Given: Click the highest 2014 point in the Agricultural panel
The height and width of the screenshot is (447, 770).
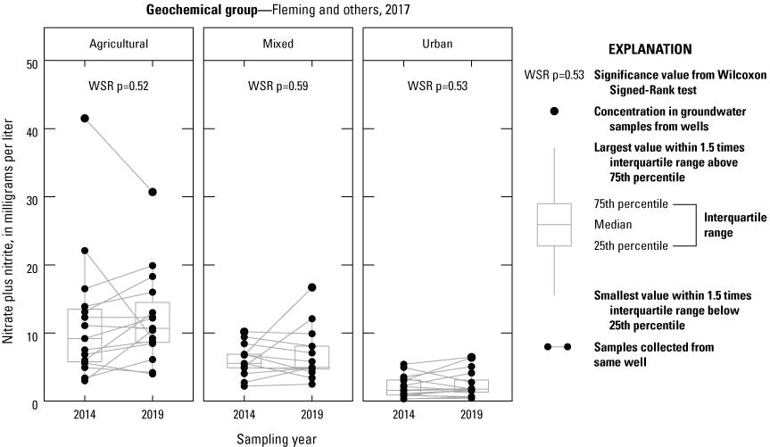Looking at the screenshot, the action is click(x=85, y=119).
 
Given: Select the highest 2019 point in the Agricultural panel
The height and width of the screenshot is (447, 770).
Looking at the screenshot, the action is click(x=153, y=192).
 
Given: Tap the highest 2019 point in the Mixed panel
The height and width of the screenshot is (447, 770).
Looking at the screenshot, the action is click(x=311, y=287).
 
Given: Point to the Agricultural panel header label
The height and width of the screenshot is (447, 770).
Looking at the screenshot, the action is click(x=119, y=44).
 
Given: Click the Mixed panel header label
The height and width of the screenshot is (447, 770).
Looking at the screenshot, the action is click(x=278, y=44).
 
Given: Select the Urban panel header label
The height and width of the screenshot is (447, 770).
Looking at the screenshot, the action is click(x=437, y=44).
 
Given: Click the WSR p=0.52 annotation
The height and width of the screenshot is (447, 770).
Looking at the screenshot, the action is click(x=119, y=87).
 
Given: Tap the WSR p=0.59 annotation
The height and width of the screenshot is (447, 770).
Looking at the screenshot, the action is click(x=278, y=87).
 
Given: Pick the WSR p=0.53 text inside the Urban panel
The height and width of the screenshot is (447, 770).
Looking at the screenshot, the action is click(x=437, y=87).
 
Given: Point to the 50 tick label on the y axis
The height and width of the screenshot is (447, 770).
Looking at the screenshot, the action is click(x=31, y=64).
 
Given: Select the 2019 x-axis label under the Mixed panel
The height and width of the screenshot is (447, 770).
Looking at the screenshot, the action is click(x=311, y=415).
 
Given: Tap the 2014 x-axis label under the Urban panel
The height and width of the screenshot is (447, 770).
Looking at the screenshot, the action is click(x=403, y=415).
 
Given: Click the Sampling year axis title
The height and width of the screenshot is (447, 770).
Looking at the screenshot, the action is click(x=277, y=439).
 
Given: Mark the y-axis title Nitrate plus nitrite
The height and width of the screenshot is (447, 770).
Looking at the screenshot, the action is click(x=8, y=231).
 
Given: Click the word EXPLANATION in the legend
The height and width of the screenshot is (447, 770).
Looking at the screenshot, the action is click(x=650, y=49).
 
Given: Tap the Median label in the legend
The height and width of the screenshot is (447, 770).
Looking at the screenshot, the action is click(x=613, y=225).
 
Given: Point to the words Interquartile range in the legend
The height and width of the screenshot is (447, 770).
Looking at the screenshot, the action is click(x=735, y=225).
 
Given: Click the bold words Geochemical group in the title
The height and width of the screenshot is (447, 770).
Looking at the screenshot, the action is click(x=202, y=10).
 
